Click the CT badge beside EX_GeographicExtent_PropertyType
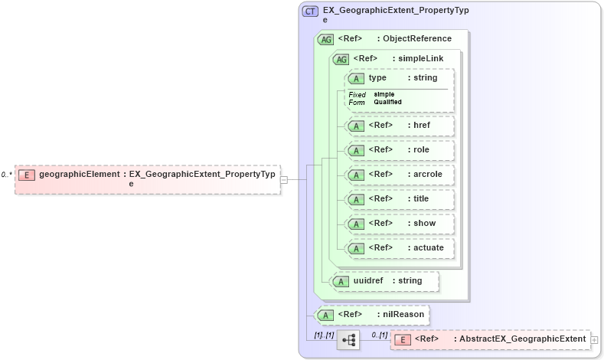[x=310, y=11]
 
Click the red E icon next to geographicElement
[x=27, y=175]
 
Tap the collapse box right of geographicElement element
[x=284, y=179]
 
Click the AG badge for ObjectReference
[x=325, y=39]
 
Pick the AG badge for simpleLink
[x=341, y=59]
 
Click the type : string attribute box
[x=400, y=78]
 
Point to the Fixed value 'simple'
[x=384, y=94]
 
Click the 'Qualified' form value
[x=387, y=102]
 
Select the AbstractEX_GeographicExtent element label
[x=520, y=339]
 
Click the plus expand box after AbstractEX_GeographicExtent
[x=594, y=339]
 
